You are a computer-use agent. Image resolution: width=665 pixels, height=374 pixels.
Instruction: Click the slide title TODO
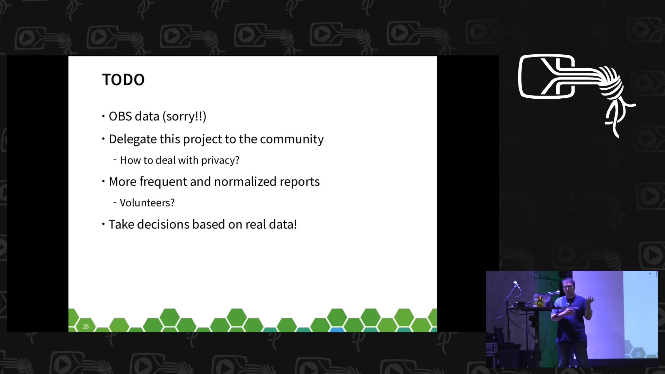coord(123,80)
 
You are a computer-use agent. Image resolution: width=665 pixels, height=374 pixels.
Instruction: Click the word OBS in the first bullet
coord(120,116)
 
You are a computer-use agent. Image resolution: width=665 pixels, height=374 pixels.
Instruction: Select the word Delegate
coord(133,139)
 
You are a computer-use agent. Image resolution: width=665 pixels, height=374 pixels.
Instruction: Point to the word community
coord(292,139)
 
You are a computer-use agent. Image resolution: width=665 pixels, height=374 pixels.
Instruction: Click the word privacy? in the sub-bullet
coord(220,160)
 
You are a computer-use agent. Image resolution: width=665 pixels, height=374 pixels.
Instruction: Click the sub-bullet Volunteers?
coord(147,203)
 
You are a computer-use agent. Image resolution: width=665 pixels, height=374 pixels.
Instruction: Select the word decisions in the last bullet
coord(163,224)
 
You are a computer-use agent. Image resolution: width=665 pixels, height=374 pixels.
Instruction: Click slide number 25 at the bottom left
coord(86,327)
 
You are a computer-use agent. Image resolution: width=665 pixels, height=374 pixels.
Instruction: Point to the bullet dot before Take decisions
coord(103,224)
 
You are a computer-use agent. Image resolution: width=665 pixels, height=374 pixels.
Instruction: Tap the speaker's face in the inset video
coord(568,287)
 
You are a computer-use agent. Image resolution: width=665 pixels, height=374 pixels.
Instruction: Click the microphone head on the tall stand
coord(516,284)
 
